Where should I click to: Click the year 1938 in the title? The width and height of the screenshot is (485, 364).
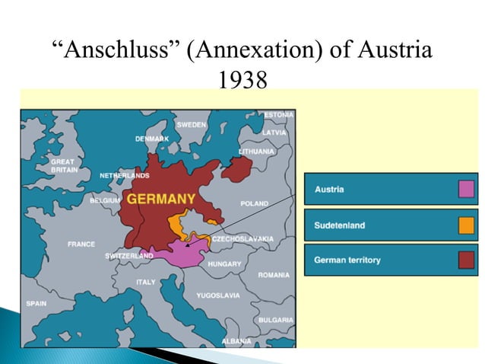pos(242,78)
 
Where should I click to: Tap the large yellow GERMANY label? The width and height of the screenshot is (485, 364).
pos(160,199)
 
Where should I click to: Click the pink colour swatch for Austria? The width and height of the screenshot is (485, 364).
pos(467,189)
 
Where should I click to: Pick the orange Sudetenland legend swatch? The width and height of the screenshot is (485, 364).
pos(467,225)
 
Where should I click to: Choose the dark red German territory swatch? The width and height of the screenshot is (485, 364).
pos(467,260)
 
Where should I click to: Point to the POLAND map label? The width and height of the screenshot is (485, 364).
pos(254,203)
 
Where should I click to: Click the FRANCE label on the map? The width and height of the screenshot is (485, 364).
pos(81,244)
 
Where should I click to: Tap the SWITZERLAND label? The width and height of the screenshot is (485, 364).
pos(128,256)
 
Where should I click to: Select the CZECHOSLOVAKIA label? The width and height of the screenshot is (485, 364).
pos(242,238)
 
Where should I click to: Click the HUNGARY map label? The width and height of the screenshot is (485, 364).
pos(224,263)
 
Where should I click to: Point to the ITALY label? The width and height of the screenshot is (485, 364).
pos(145,282)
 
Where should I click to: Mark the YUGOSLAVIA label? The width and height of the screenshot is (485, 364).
pos(217,295)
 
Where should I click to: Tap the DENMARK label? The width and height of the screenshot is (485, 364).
pos(152,139)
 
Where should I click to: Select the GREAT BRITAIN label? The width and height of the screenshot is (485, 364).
pos(62,165)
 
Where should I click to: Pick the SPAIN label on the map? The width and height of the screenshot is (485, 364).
pos(36,303)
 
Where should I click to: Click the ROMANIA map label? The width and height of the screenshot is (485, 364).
pos(273,274)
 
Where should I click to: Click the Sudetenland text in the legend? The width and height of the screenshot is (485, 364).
pos(340,225)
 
